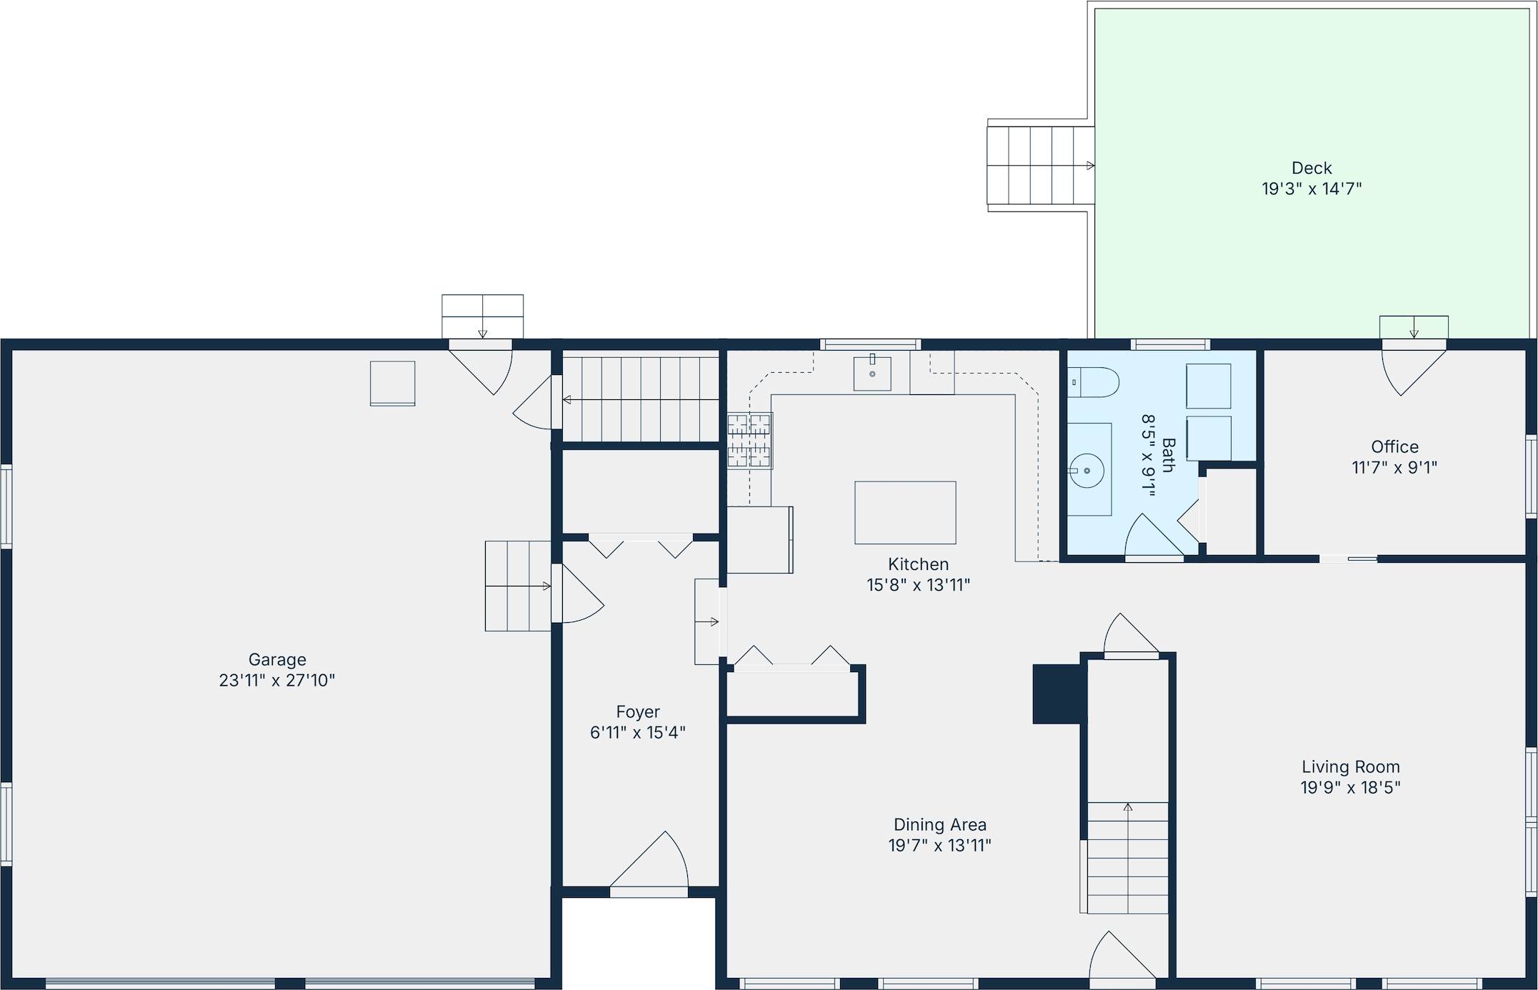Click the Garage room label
(x=277, y=659)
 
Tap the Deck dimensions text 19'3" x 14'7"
(x=1312, y=189)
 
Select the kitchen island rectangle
(x=905, y=512)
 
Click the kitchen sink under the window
(x=872, y=373)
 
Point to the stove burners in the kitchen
(x=749, y=441)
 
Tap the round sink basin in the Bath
(x=1087, y=470)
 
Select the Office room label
(x=1394, y=446)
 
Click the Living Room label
(x=1350, y=766)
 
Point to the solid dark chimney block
(x=1057, y=694)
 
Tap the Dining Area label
(x=939, y=824)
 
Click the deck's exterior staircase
(x=1040, y=166)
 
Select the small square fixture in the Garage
(x=392, y=383)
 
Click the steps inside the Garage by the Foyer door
(x=518, y=586)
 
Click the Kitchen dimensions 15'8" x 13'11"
(x=918, y=585)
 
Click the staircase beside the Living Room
(x=1127, y=857)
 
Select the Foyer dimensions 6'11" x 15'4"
(x=637, y=732)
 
